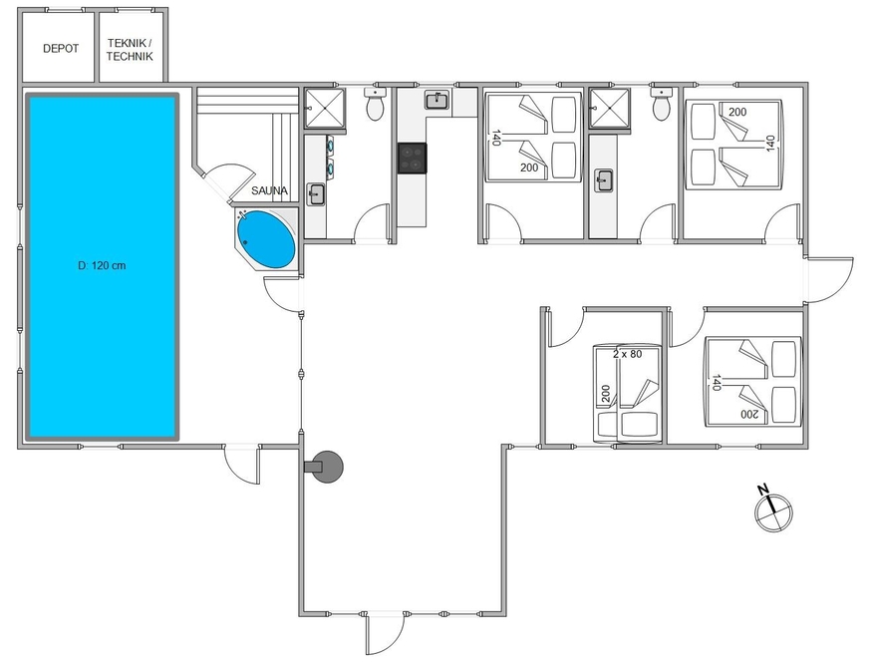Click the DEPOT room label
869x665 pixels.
(61, 49)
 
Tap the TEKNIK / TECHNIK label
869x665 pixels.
(130, 50)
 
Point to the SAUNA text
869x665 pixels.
(269, 190)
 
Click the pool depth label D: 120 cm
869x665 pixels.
(102, 265)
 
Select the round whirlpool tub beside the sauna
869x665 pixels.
(266, 239)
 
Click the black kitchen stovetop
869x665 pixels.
(412, 159)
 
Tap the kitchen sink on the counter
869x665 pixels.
(437, 101)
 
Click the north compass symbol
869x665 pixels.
(773, 509)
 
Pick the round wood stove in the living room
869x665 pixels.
(326, 467)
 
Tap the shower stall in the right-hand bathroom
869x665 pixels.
(609, 108)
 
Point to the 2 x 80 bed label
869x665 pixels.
(628, 354)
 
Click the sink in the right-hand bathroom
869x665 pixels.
(604, 180)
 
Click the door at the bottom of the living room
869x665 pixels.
(386, 633)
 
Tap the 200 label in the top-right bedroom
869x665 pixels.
(737, 112)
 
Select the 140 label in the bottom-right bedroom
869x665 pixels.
(717, 383)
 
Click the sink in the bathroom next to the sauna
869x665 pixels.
(316, 194)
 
